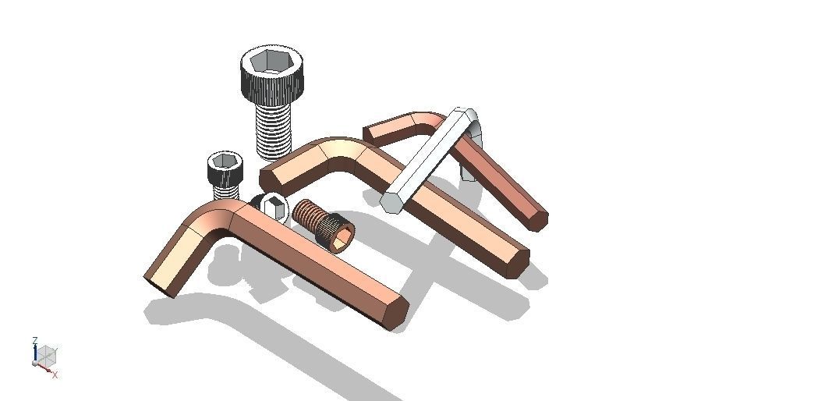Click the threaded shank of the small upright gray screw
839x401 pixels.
(226, 190)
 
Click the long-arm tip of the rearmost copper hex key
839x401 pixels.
(538, 219)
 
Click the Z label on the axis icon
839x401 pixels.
(35, 341)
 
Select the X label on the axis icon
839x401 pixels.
(55, 375)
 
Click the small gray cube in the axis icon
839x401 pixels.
(48, 356)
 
